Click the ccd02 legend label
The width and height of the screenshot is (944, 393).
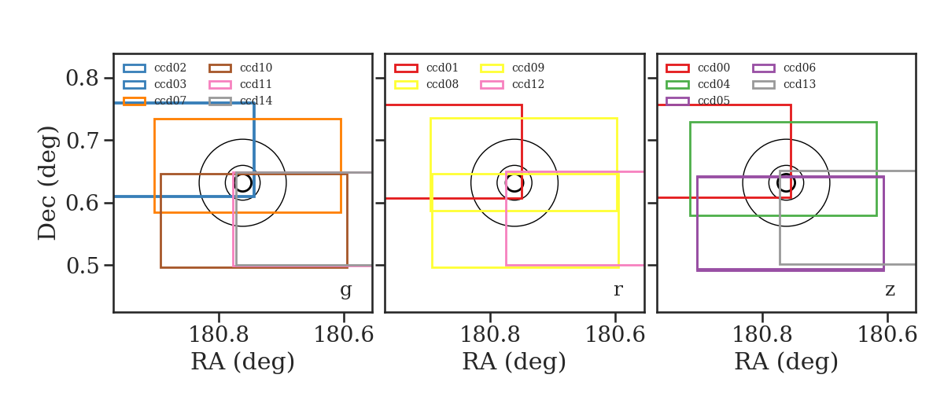click(170, 68)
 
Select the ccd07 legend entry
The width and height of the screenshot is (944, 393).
click(170, 101)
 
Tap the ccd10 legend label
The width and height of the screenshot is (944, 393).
click(256, 68)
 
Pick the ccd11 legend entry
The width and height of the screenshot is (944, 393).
click(256, 84)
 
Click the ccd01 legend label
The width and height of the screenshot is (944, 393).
click(442, 68)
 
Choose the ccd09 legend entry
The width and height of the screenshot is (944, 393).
click(528, 68)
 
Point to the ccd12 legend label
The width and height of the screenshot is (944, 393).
click(528, 84)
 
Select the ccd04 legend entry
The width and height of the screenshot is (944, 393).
click(714, 84)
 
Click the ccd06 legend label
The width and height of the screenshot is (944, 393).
click(799, 68)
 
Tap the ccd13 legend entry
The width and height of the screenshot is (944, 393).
click(799, 84)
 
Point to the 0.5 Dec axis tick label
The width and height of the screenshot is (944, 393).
click(82, 266)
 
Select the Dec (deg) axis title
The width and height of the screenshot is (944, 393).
click(46, 183)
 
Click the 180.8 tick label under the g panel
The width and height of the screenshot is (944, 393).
click(219, 335)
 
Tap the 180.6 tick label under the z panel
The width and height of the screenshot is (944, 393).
click(887, 335)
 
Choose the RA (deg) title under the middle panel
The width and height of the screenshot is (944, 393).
click(514, 362)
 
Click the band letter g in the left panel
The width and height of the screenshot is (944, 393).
click(345, 291)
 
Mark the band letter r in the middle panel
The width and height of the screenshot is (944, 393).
click(618, 289)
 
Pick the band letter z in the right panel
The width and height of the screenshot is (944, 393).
click(890, 290)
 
